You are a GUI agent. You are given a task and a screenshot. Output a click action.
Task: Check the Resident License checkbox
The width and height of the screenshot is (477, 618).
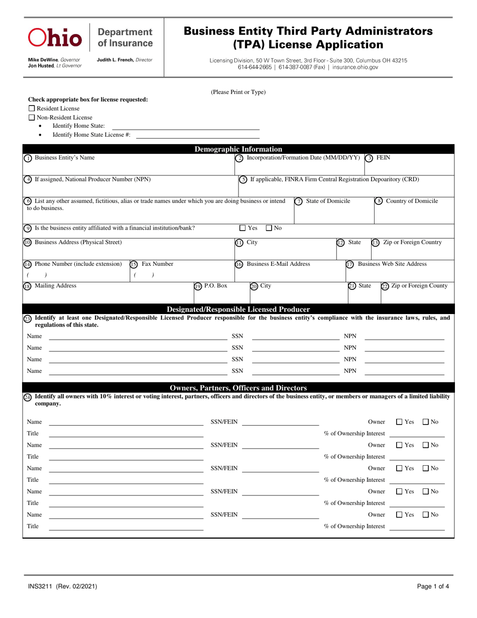pos(32,109)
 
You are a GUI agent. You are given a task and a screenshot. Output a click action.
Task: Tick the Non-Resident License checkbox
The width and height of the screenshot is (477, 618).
pos(32,118)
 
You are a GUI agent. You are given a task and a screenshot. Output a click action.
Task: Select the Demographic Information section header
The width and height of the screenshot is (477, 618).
pos(238,149)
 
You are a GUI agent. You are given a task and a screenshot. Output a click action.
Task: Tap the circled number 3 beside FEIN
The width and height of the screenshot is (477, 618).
pos(369,158)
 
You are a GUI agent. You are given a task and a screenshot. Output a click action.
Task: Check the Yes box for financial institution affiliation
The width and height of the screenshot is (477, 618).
pos(243,228)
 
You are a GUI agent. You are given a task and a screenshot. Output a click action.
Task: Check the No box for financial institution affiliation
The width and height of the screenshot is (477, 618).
pos(269,228)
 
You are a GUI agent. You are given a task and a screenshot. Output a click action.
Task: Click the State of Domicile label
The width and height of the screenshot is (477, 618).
pos(328,201)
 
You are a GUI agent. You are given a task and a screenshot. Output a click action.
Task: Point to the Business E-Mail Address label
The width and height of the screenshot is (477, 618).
pos(278,264)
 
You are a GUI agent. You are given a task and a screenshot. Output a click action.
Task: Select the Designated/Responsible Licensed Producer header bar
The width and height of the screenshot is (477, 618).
pos(238,309)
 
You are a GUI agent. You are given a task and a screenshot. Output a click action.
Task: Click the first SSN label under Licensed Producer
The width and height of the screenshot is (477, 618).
pos(237,336)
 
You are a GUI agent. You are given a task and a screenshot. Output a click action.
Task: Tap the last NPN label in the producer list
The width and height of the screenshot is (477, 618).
pos(350,371)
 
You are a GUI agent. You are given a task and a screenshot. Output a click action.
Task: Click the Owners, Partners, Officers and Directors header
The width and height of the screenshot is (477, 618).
pos(238,388)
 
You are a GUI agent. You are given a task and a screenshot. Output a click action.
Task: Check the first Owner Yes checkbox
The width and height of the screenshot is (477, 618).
pos(400,422)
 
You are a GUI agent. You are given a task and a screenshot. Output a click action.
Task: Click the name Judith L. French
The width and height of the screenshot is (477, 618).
pos(115,60)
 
